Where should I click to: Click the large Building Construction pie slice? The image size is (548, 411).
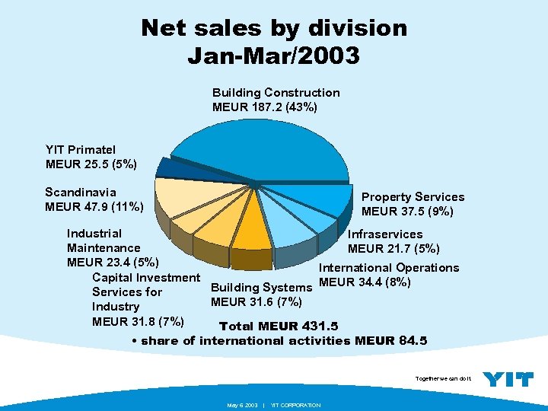(251, 148)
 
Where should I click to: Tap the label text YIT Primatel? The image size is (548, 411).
(81, 150)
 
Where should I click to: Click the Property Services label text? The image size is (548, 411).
(413, 197)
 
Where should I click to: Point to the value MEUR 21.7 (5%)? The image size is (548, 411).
(393, 248)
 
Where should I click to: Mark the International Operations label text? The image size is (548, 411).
(388, 268)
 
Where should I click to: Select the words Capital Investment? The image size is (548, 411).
(145, 277)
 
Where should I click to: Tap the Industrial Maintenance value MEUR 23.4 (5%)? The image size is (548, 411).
(113, 263)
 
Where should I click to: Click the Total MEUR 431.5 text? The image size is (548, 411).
(278, 327)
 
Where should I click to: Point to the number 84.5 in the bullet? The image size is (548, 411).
(413, 340)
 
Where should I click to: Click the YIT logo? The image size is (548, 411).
(508, 379)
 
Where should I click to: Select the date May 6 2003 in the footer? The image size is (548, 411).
(242, 405)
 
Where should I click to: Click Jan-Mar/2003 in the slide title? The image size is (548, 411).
(273, 56)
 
